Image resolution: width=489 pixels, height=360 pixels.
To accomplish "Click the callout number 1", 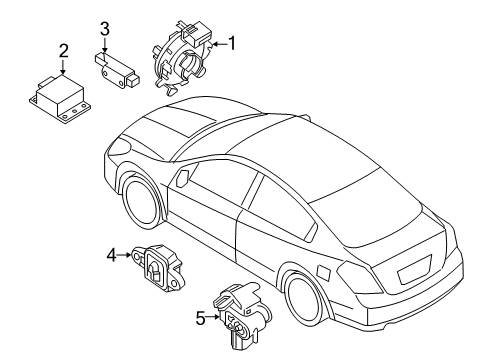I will pos(233,43).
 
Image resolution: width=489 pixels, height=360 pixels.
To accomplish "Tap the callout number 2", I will pos(63,51).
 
